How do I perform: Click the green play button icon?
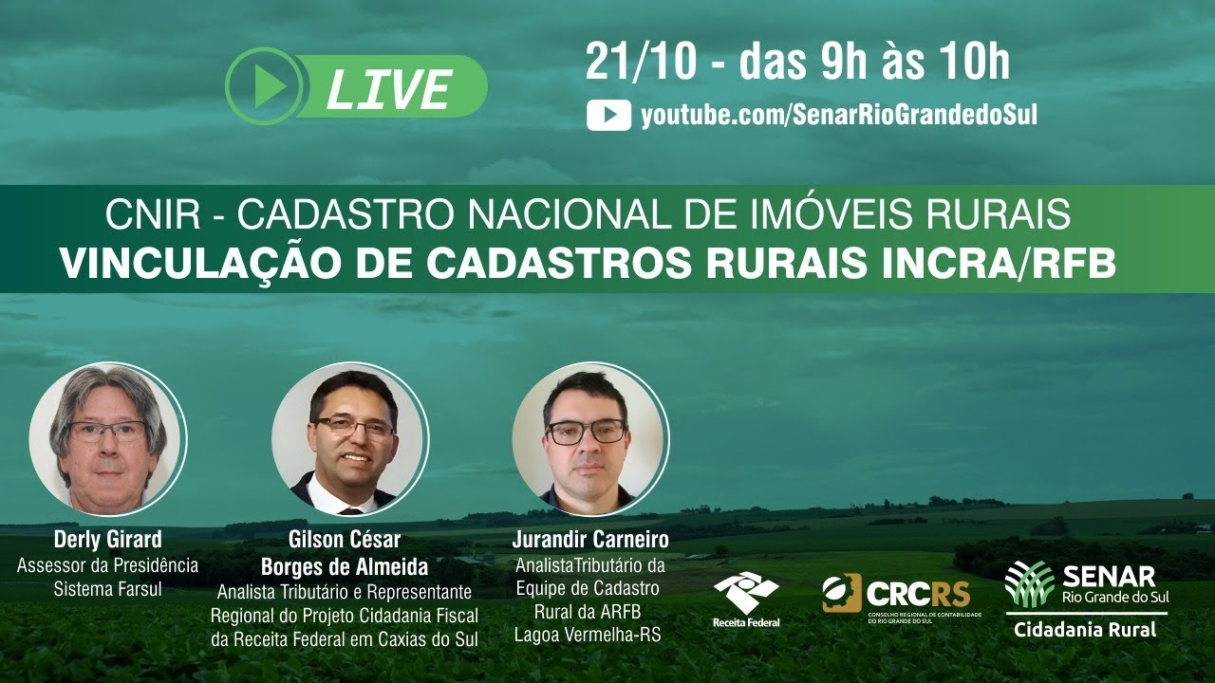click(x=264, y=87)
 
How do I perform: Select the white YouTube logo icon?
click(x=608, y=116)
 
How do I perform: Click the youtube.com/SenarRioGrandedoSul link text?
click(x=838, y=116)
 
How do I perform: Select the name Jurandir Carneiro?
click(x=590, y=540)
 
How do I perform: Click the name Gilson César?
click(x=345, y=540)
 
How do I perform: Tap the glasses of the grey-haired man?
click(x=106, y=430)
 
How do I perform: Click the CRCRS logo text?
click(x=917, y=594)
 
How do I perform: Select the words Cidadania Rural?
click(x=1085, y=630)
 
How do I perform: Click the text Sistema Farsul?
click(x=107, y=589)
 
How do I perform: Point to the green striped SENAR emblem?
click(x=1030, y=582)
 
